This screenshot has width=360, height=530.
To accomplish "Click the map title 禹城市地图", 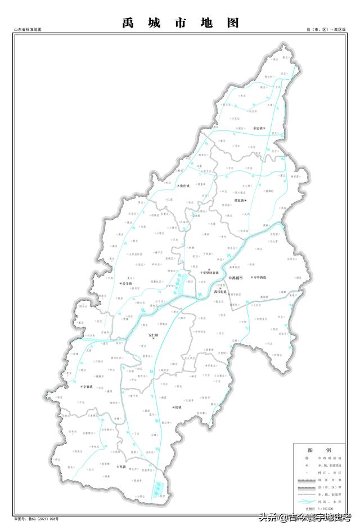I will (181, 23).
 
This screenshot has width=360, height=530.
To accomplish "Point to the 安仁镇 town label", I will (154, 336).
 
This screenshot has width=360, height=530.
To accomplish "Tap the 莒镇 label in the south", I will (121, 467).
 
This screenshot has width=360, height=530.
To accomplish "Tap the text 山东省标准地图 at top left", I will (29, 29).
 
